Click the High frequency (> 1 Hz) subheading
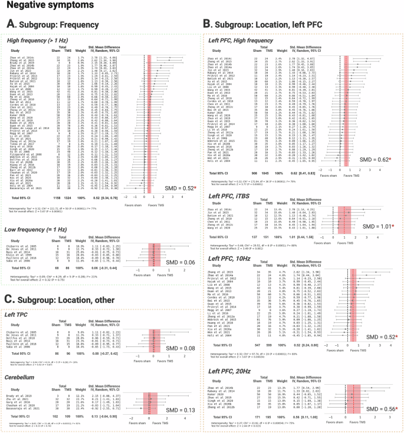(x=37, y=41)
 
